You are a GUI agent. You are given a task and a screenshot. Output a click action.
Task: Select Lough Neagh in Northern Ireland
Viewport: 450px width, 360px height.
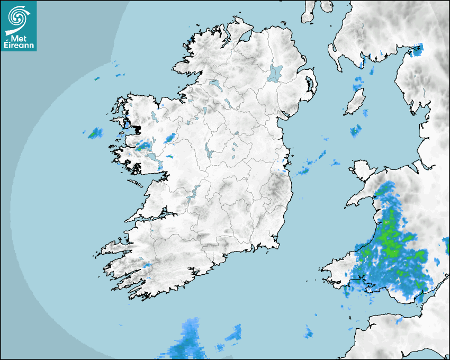pyautogui.click(x=275, y=73)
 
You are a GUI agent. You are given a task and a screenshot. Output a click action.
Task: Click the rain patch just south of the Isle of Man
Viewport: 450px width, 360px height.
pyautogui.click(x=355, y=131)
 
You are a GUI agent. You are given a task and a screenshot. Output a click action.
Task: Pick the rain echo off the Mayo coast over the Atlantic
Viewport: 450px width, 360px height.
pyautogui.click(x=95, y=133)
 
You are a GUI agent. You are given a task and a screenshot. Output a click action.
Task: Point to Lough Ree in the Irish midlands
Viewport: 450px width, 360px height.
pyautogui.click(x=208, y=152)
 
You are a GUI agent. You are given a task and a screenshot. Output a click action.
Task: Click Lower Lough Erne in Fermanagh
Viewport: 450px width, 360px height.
pyautogui.click(x=214, y=84)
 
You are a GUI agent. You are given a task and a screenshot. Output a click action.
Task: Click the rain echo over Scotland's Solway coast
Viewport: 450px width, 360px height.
pyautogui.click(x=416, y=50)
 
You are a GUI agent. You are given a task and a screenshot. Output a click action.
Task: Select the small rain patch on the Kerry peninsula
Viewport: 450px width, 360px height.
pyautogui.click(x=147, y=264)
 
